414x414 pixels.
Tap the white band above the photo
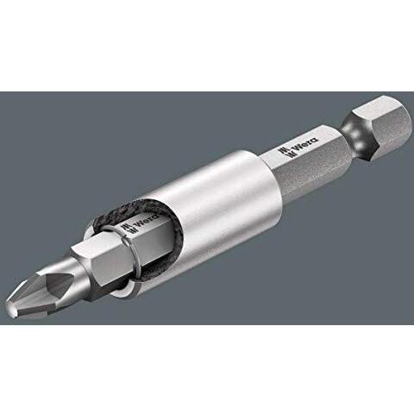coord(207,43)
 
